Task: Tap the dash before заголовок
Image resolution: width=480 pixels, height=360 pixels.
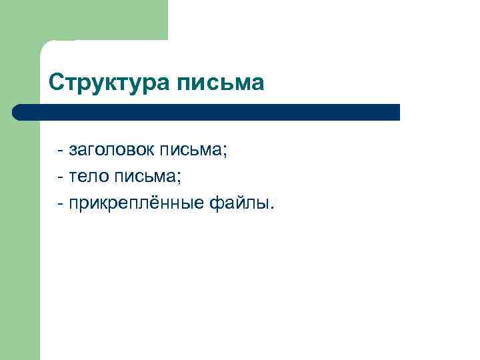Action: coord(61,152)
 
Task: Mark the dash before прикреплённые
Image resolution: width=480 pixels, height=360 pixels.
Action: coord(61,203)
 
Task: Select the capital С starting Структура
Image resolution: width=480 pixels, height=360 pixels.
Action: coord(57,83)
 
